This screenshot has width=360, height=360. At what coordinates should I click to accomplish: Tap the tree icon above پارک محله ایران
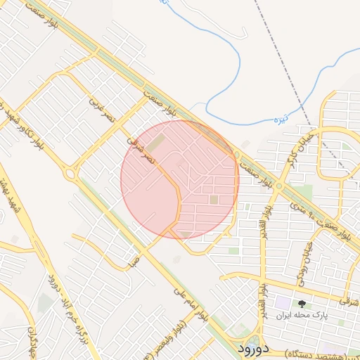click(302, 304)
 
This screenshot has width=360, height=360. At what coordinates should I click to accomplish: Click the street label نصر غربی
click(97, 107)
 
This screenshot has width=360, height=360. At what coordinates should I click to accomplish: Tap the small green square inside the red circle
click(214, 200)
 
